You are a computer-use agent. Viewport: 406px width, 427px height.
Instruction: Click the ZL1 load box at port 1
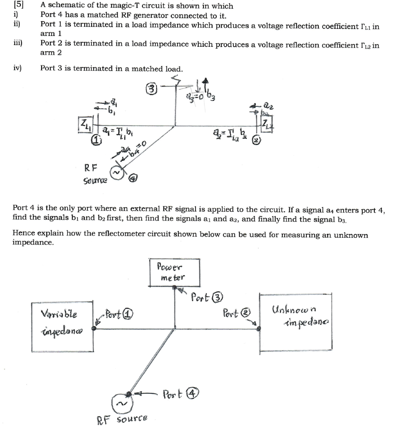85,125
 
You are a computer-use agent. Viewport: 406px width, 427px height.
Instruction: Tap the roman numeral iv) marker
18,68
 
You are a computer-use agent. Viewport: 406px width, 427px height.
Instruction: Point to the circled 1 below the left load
96,141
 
